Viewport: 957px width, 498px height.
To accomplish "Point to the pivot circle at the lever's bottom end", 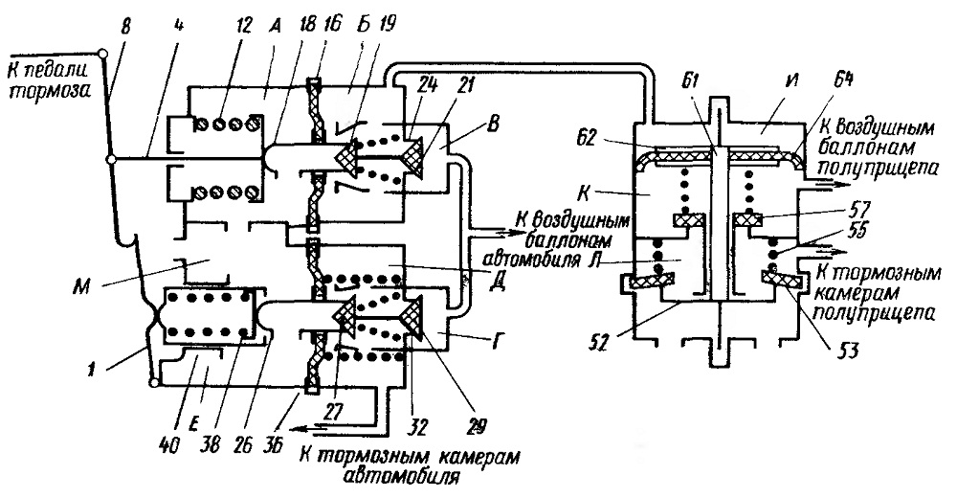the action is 153,383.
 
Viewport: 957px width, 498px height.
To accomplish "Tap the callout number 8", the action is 126,28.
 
